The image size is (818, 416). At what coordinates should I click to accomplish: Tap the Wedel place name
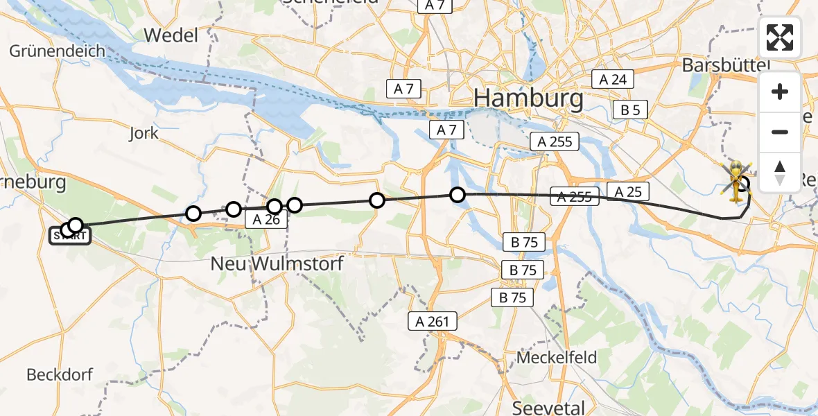pyautogui.click(x=170, y=35)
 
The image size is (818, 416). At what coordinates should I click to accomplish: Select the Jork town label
pyautogui.click(x=143, y=133)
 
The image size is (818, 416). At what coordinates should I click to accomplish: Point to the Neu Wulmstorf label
pyautogui.click(x=277, y=264)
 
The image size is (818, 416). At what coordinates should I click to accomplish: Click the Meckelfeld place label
pyautogui.click(x=557, y=358)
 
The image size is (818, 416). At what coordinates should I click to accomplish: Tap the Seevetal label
pyautogui.click(x=548, y=407)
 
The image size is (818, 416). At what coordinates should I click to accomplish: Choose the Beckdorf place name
pyautogui.click(x=60, y=375)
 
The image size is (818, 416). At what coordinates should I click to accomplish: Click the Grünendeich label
pyautogui.click(x=57, y=51)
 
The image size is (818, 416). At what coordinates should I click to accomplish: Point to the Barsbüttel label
pyautogui.click(x=726, y=65)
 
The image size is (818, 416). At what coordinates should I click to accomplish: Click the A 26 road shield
pyautogui.click(x=265, y=220)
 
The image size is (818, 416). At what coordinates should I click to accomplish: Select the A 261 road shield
pyautogui.click(x=433, y=321)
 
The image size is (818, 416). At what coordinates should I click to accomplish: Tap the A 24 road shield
pyautogui.click(x=613, y=79)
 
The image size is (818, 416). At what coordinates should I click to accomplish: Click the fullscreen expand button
pyautogui.click(x=780, y=37)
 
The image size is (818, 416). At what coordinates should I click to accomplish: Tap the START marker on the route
pyautogui.click(x=69, y=236)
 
